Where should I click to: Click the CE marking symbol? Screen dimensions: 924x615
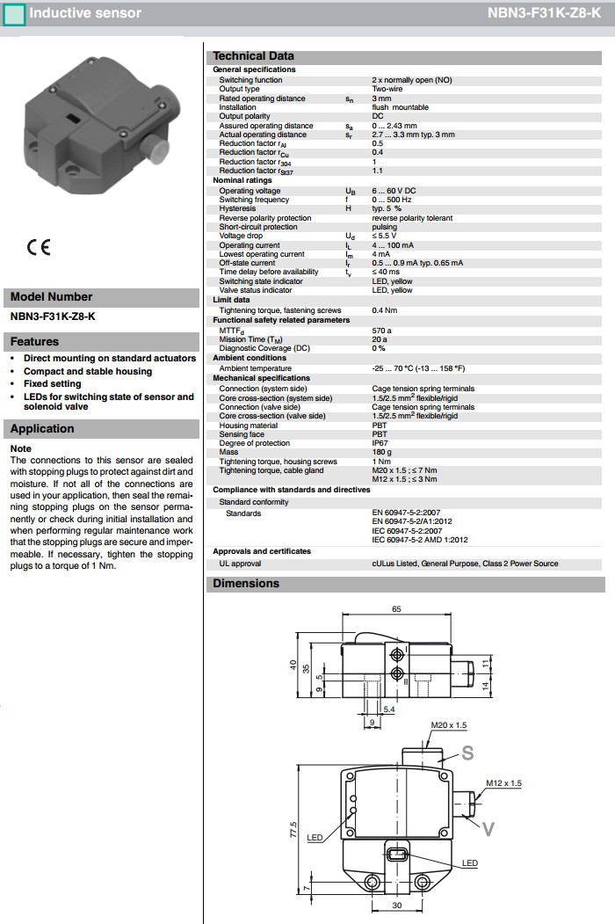tap(39, 247)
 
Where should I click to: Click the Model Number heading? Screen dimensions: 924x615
tap(51, 297)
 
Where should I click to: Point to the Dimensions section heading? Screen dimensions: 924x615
tap(246, 584)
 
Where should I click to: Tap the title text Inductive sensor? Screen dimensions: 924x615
tap(85, 13)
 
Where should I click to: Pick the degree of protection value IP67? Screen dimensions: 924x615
tap(380, 443)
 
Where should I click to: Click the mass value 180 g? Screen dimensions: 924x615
tap(381, 452)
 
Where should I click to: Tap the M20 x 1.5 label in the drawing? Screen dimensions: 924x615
tap(448, 725)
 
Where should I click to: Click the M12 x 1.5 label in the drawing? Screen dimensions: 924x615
tap(503, 782)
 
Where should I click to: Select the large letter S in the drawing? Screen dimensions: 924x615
tap(467, 753)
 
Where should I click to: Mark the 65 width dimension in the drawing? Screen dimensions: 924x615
tap(396, 608)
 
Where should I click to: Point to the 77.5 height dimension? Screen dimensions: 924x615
tap(293, 829)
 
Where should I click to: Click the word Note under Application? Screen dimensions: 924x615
tap(20, 448)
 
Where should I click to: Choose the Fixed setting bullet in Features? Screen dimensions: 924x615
tap(53, 384)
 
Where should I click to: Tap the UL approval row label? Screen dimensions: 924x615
tap(240, 564)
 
